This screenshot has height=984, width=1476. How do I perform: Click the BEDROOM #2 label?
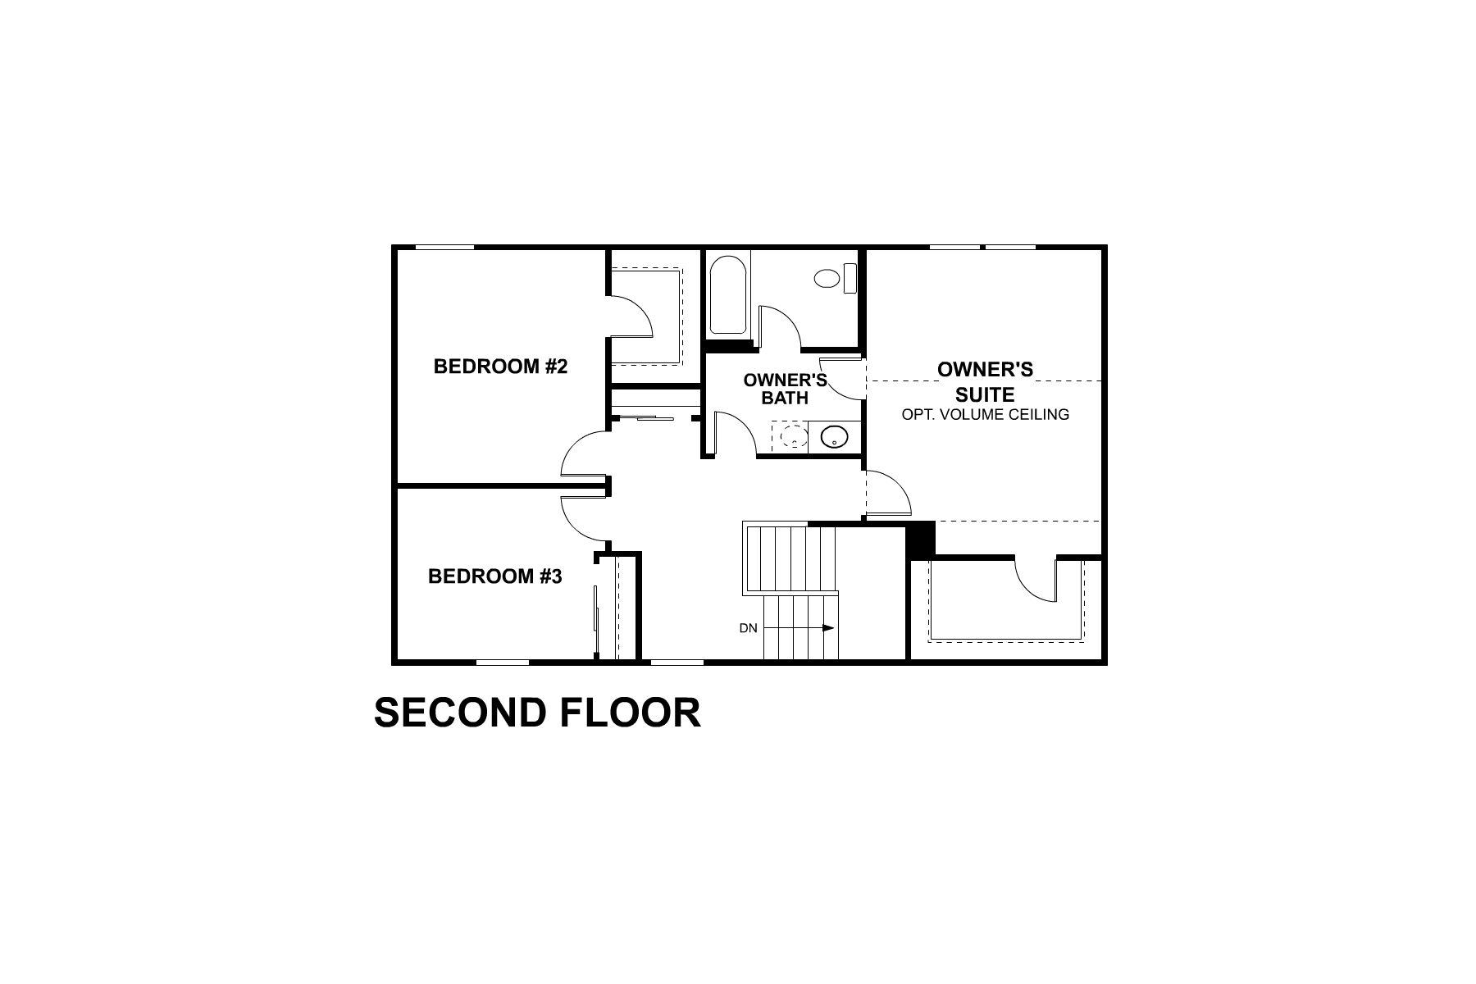(x=500, y=367)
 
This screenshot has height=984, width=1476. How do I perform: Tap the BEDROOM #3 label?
(x=494, y=576)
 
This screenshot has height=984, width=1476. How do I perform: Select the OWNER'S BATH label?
(x=785, y=389)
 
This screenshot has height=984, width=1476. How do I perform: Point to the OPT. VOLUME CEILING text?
(x=985, y=415)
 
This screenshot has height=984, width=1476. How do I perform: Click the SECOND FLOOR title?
(x=537, y=713)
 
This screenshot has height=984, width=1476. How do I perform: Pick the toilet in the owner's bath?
(x=834, y=278)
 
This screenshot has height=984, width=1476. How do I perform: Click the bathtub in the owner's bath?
(x=727, y=296)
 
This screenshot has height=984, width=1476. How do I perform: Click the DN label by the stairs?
(x=748, y=629)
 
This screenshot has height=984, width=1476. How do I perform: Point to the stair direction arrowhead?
(x=828, y=629)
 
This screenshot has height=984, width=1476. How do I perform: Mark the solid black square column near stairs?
(x=920, y=538)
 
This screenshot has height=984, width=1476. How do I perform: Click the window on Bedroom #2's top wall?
(x=444, y=247)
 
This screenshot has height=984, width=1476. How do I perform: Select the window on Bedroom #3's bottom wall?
(x=502, y=662)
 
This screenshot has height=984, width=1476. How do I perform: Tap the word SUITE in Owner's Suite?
(x=985, y=394)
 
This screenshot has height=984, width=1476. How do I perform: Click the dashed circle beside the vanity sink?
(x=792, y=436)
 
